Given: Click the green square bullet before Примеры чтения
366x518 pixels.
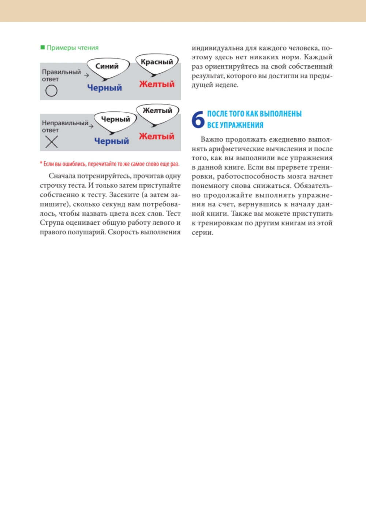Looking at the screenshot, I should (x=42, y=47).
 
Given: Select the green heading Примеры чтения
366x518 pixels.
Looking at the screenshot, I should (x=72, y=48).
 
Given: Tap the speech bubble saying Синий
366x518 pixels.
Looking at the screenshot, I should (x=107, y=67).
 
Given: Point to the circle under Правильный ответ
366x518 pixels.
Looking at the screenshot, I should (x=51, y=91).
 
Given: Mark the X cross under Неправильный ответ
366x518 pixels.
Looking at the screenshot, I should (x=51, y=142).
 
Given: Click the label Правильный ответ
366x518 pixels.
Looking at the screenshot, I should (x=61, y=75).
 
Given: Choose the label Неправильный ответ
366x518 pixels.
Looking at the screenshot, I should (x=65, y=126).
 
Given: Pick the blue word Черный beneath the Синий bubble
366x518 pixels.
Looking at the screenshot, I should (x=104, y=88).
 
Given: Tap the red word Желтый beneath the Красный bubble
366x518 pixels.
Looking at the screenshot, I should (x=157, y=84).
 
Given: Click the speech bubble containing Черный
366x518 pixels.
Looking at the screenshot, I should (x=115, y=120).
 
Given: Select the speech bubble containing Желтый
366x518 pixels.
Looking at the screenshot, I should (x=157, y=111).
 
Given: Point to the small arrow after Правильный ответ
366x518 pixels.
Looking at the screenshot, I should (x=87, y=75).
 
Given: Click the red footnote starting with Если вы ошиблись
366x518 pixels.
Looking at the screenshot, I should (x=110, y=164).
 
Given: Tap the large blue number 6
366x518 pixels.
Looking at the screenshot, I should (x=198, y=120).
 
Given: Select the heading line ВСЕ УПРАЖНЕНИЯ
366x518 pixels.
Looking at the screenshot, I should (x=235, y=125).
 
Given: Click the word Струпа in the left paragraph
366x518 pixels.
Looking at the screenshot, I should (x=52, y=223).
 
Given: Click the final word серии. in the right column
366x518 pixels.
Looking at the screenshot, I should (x=202, y=232).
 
